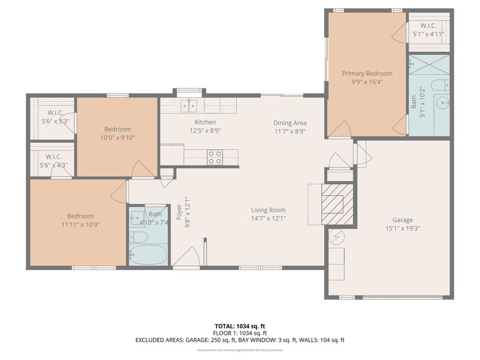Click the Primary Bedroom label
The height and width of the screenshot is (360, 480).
point(367,74)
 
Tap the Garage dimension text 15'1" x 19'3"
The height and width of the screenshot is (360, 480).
point(403,228)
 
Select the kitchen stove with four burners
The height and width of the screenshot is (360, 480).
point(215,157)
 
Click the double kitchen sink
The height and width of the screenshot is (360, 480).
point(189,105)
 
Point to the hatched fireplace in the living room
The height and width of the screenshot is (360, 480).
point(337,204)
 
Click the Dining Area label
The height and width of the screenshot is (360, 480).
point(290,123)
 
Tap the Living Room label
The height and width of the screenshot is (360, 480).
point(269,210)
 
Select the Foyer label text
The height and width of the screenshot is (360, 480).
point(180,212)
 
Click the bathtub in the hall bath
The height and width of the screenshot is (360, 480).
point(148,255)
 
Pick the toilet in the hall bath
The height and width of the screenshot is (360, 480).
point(138,237)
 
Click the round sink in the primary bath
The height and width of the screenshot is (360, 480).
point(442,103)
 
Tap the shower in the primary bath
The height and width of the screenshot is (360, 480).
point(429,65)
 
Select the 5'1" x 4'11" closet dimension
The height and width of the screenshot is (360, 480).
point(428,34)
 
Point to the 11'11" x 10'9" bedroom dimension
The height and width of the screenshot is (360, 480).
point(81,225)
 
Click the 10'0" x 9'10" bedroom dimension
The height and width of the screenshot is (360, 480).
point(118,138)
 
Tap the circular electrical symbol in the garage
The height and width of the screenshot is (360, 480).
point(337,236)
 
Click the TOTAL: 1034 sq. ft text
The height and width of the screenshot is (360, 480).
point(240,326)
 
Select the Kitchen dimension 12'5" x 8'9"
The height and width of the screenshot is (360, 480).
point(205,131)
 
